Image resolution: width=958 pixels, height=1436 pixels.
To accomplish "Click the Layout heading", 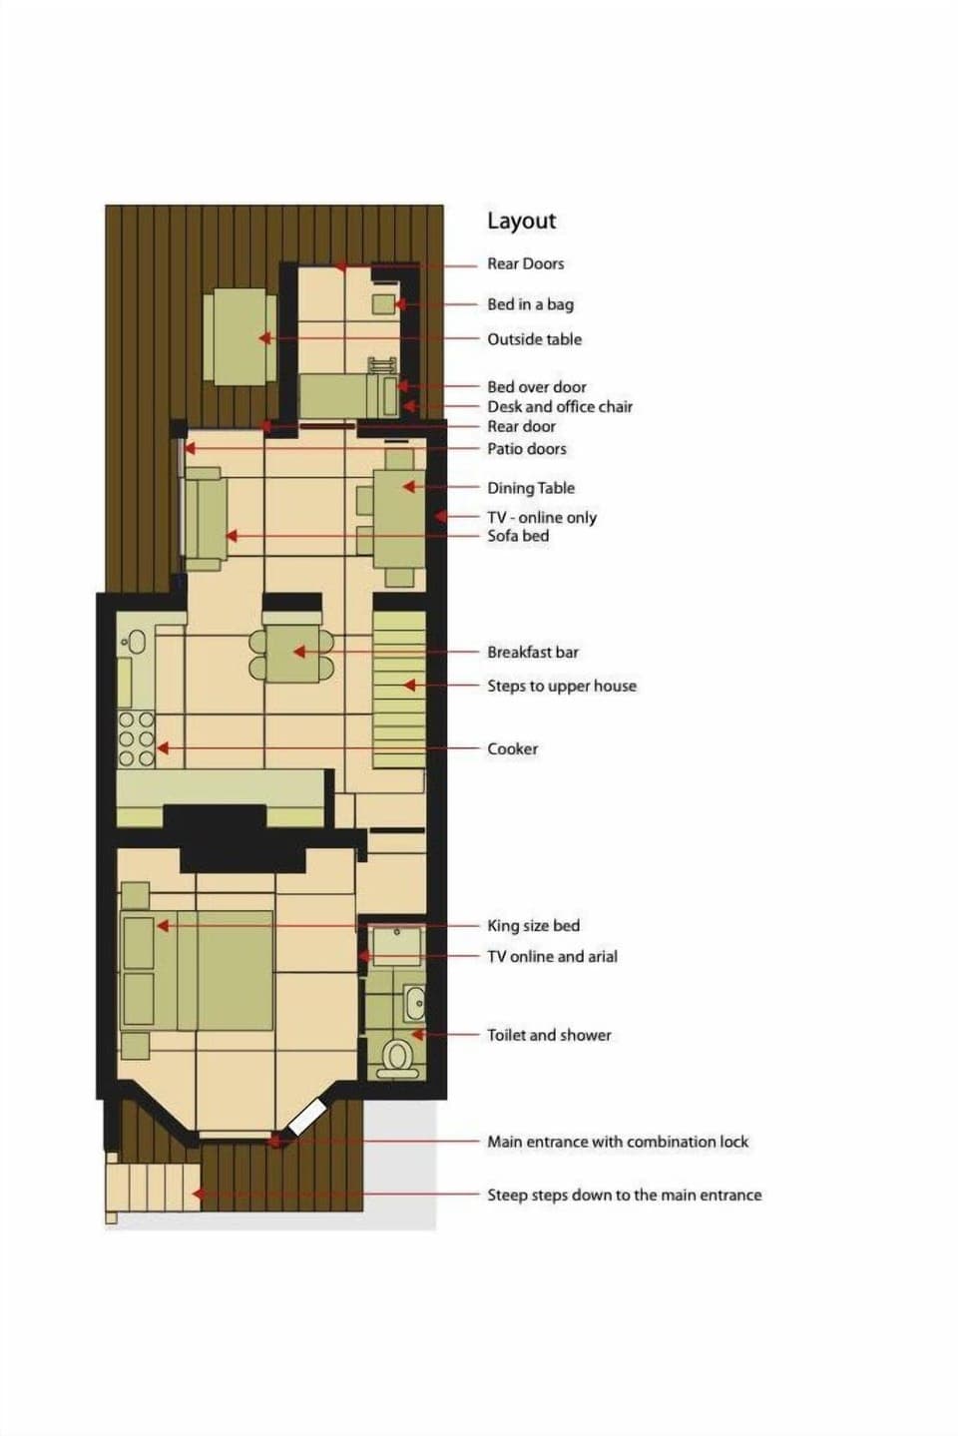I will click(x=521, y=222).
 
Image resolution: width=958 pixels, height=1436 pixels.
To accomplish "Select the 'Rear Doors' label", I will click(x=525, y=264).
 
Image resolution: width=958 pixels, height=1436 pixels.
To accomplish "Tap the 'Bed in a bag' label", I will click(x=530, y=304).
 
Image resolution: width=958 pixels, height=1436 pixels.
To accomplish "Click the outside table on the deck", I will click(x=239, y=337).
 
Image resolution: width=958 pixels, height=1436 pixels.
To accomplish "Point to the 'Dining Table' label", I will click(x=530, y=488).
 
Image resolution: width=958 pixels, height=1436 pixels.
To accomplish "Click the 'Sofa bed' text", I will click(x=517, y=536).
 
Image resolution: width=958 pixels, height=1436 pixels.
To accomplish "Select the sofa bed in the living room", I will click(x=206, y=519).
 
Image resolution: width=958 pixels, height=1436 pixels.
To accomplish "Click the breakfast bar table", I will click(x=292, y=654).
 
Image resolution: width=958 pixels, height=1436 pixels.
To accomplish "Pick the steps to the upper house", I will click(x=399, y=689).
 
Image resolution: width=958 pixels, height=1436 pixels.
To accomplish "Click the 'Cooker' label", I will click(x=512, y=748).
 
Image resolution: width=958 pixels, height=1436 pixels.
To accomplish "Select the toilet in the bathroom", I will click(x=398, y=1056).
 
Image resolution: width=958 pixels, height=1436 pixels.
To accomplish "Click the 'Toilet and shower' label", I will click(x=549, y=1035).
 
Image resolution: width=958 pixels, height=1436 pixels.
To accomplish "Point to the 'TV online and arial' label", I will click(x=552, y=956).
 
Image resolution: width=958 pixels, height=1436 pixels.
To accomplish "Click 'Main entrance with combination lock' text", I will click(x=617, y=1142).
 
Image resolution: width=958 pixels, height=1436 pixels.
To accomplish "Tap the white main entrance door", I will click(x=306, y=1117).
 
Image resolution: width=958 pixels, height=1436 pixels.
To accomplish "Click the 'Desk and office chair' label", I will click(x=559, y=406).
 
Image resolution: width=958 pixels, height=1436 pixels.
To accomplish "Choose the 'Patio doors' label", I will click(x=526, y=449).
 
